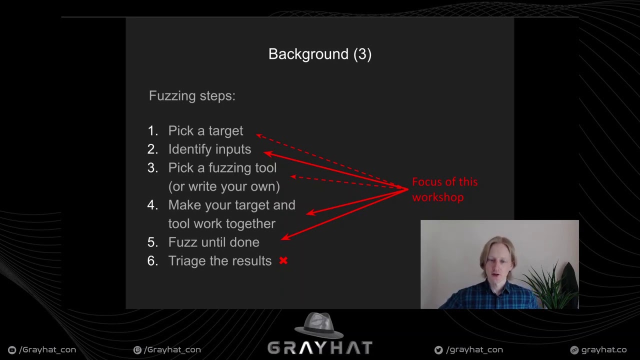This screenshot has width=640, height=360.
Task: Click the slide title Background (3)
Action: (x=319, y=54)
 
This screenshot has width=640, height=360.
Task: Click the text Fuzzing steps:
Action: (x=192, y=95)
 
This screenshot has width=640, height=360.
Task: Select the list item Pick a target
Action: (x=205, y=130)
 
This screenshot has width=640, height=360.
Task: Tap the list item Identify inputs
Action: (x=209, y=149)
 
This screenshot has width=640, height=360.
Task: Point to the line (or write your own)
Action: (x=224, y=186)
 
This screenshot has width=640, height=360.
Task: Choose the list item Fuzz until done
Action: (x=213, y=242)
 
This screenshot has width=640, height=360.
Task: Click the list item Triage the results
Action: (x=219, y=260)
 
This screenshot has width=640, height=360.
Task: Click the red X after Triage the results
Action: (x=283, y=260)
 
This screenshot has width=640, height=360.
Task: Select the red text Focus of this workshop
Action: (x=444, y=189)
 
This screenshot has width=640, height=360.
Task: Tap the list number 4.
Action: (x=152, y=205)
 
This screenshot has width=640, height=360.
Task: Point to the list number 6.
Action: (x=152, y=260)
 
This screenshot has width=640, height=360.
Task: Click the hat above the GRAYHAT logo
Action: (x=319, y=325)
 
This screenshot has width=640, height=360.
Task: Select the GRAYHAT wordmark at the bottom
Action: (x=319, y=348)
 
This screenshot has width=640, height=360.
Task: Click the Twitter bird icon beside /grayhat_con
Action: (x=438, y=350)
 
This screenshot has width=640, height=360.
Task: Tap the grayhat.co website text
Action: (x=603, y=350)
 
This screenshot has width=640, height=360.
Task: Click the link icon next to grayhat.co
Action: (x=574, y=350)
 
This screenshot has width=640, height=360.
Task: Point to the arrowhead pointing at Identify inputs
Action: (x=267, y=153)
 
